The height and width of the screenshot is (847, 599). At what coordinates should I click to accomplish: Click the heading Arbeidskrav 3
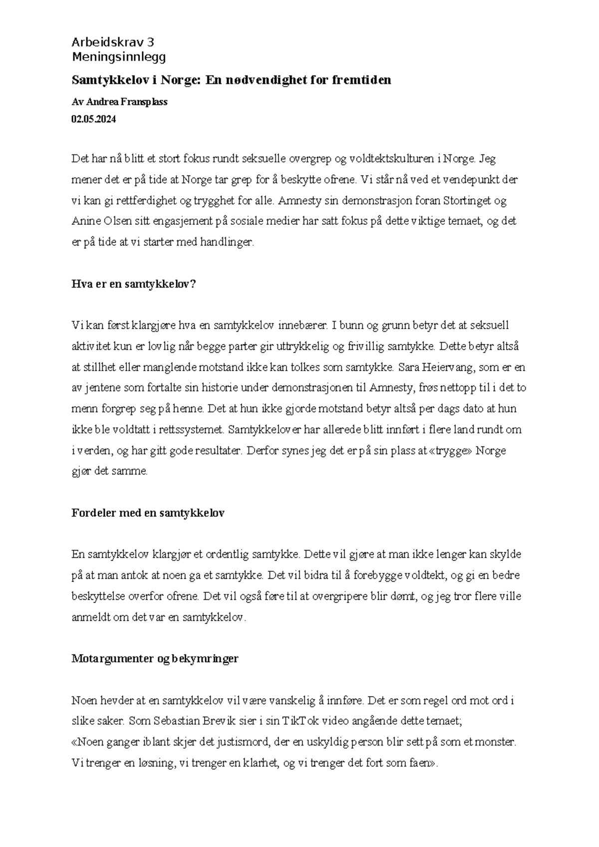tap(113, 42)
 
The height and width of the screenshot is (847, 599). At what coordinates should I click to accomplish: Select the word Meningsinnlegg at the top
tap(119, 57)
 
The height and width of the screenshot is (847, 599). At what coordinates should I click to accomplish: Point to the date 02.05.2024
tap(93, 119)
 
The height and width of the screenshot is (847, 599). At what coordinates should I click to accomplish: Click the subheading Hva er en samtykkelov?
tap(134, 284)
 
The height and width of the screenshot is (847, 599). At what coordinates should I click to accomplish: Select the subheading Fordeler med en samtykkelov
tap(148, 513)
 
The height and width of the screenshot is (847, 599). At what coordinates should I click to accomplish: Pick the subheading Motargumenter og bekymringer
tap(155, 659)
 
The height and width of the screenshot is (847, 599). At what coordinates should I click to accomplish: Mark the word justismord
tap(244, 742)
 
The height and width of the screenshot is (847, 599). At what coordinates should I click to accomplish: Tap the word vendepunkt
tap(465, 180)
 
